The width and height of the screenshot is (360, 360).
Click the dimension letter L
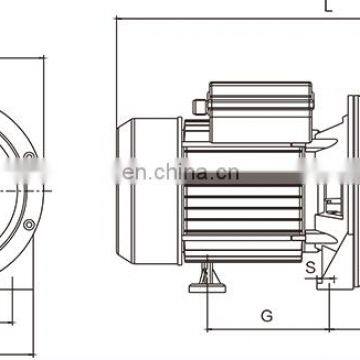(329, 6)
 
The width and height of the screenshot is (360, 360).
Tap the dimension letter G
(266, 315)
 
